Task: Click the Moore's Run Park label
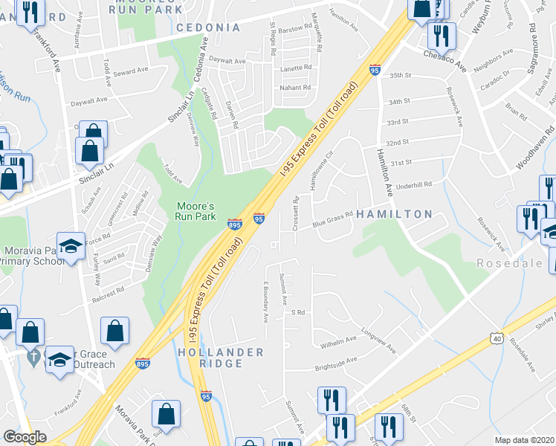click(x=195, y=211)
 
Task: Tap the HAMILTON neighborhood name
click(x=394, y=214)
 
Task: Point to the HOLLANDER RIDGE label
click(x=221, y=358)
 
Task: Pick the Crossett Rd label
click(x=296, y=213)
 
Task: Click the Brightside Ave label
click(x=336, y=362)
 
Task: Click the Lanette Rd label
click(x=296, y=68)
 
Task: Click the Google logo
click(x=25, y=438)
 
